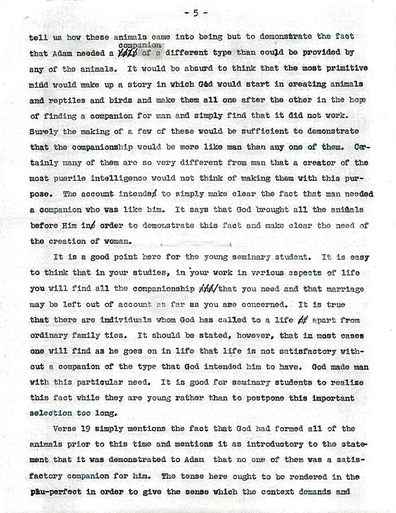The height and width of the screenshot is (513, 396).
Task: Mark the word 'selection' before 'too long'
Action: tap(49, 413)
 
